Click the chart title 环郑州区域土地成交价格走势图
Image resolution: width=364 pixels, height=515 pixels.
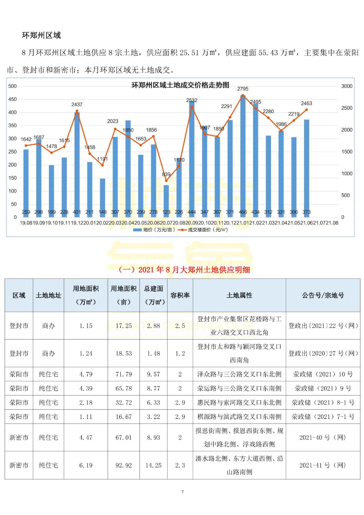point(180,85)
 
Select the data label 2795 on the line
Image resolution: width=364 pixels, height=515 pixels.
point(243,89)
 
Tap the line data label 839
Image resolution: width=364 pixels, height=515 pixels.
point(166,174)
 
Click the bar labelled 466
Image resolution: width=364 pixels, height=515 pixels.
point(243,155)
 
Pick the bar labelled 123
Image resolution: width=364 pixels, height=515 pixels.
point(166,199)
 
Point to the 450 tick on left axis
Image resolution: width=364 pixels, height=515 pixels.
point(12,99)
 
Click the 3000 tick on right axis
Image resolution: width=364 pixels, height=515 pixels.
point(346,86)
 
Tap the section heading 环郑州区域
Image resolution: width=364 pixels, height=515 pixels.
point(41,35)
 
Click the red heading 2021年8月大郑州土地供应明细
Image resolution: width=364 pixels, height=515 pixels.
point(184,270)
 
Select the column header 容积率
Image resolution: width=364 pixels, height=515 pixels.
point(180,295)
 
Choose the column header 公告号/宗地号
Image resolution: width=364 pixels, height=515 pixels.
point(323,295)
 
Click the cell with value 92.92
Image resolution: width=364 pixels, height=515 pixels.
point(124,465)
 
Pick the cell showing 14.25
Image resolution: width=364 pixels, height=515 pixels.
point(153,465)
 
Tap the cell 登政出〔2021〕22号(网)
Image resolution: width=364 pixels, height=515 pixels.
point(323,326)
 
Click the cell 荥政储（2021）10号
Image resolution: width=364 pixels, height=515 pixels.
point(323,374)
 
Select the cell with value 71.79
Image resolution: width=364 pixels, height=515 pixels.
point(124,374)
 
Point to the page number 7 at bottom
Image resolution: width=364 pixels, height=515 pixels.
point(182,491)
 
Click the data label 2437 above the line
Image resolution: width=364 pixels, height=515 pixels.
point(77,104)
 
